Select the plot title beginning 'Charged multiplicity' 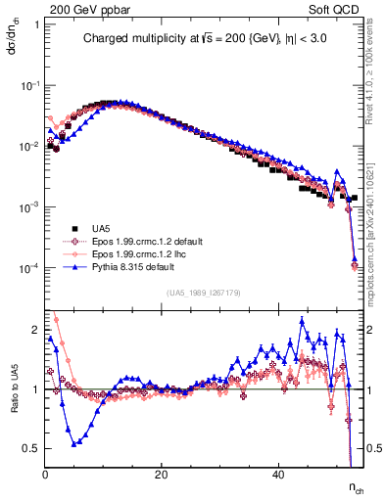click(205, 39)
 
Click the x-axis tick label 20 click(162, 475)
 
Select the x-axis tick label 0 click(46, 475)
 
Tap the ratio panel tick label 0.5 click(31, 448)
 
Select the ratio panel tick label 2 click(36, 329)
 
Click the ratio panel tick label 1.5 click(31, 359)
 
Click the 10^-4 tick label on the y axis click(29, 268)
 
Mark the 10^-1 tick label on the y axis click(29, 85)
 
